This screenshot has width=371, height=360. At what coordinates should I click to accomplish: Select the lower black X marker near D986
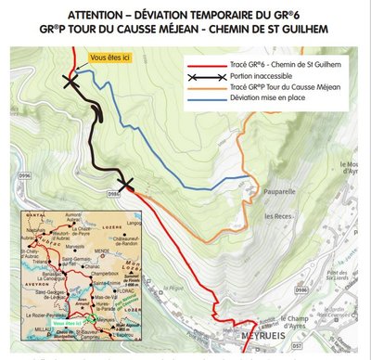point(126,184)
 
